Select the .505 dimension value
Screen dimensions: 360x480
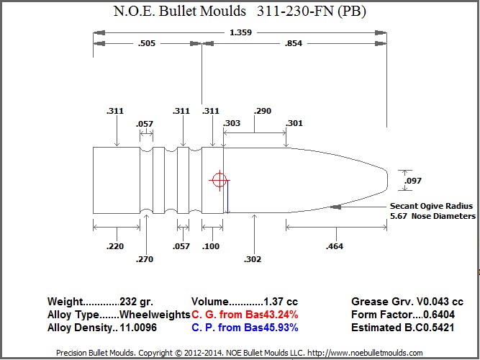pyautogui.click(x=147, y=44)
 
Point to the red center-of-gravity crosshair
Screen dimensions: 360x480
pyautogui.click(x=219, y=180)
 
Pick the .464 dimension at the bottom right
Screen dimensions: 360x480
pyautogui.click(x=335, y=246)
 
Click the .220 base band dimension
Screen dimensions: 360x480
pyautogui.click(x=114, y=246)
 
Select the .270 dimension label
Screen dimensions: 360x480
pyautogui.click(x=145, y=259)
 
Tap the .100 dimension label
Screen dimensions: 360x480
pyautogui.click(x=212, y=246)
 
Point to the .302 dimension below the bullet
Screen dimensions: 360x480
pyautogui.click(x=253, y=259)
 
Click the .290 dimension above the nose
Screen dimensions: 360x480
pyautogui.click(x=263, y=111)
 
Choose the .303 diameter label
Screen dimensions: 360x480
pyautogui.click(x=232, y=123)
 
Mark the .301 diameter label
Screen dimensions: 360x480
pyautogui.click(x=294, y=123)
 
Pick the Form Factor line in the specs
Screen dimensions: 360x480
pyautogui.click(x=407, y=315)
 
